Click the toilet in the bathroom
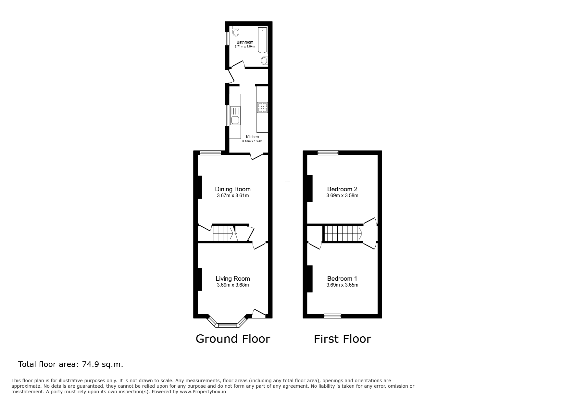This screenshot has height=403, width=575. pyautogui.click(x=236, y=31)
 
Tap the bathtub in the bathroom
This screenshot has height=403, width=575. pyautogui.click(x=262, y=40)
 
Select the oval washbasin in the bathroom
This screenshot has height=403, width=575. pyautogui.click(x=264, y=60)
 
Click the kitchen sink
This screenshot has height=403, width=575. pyautogui.click(x=235, y=116)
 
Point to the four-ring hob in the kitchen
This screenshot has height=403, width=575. pyautogui.click(x=262, y=107)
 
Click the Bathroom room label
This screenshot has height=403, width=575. pyautogui.click(x=245, y=42)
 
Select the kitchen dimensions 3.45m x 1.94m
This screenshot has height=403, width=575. pyautogui.click(x=252, y=141)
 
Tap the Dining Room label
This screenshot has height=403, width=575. pyautogui.click(x=233, y=189)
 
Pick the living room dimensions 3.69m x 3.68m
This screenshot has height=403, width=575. pyautogui.click(x=233, y=285)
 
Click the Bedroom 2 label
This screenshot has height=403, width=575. pyautogui.click(x=342, y=189)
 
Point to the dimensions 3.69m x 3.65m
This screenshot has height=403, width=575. pyautogui.click(x=342, y=285)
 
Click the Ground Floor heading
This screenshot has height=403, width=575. pyautogui.click(x=233, y=339)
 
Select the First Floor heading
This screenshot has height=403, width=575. pyautogui.click(x=342, y=339)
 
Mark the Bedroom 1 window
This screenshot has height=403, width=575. pyautogui.click(x=332, y=316)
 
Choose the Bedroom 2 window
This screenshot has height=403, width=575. pyautogui.click(x=328, y=153)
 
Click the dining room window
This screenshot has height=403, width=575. pyautogui.click(x=210, y=153)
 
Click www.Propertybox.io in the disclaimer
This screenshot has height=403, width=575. pyautogui.click(x=203, y=392)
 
